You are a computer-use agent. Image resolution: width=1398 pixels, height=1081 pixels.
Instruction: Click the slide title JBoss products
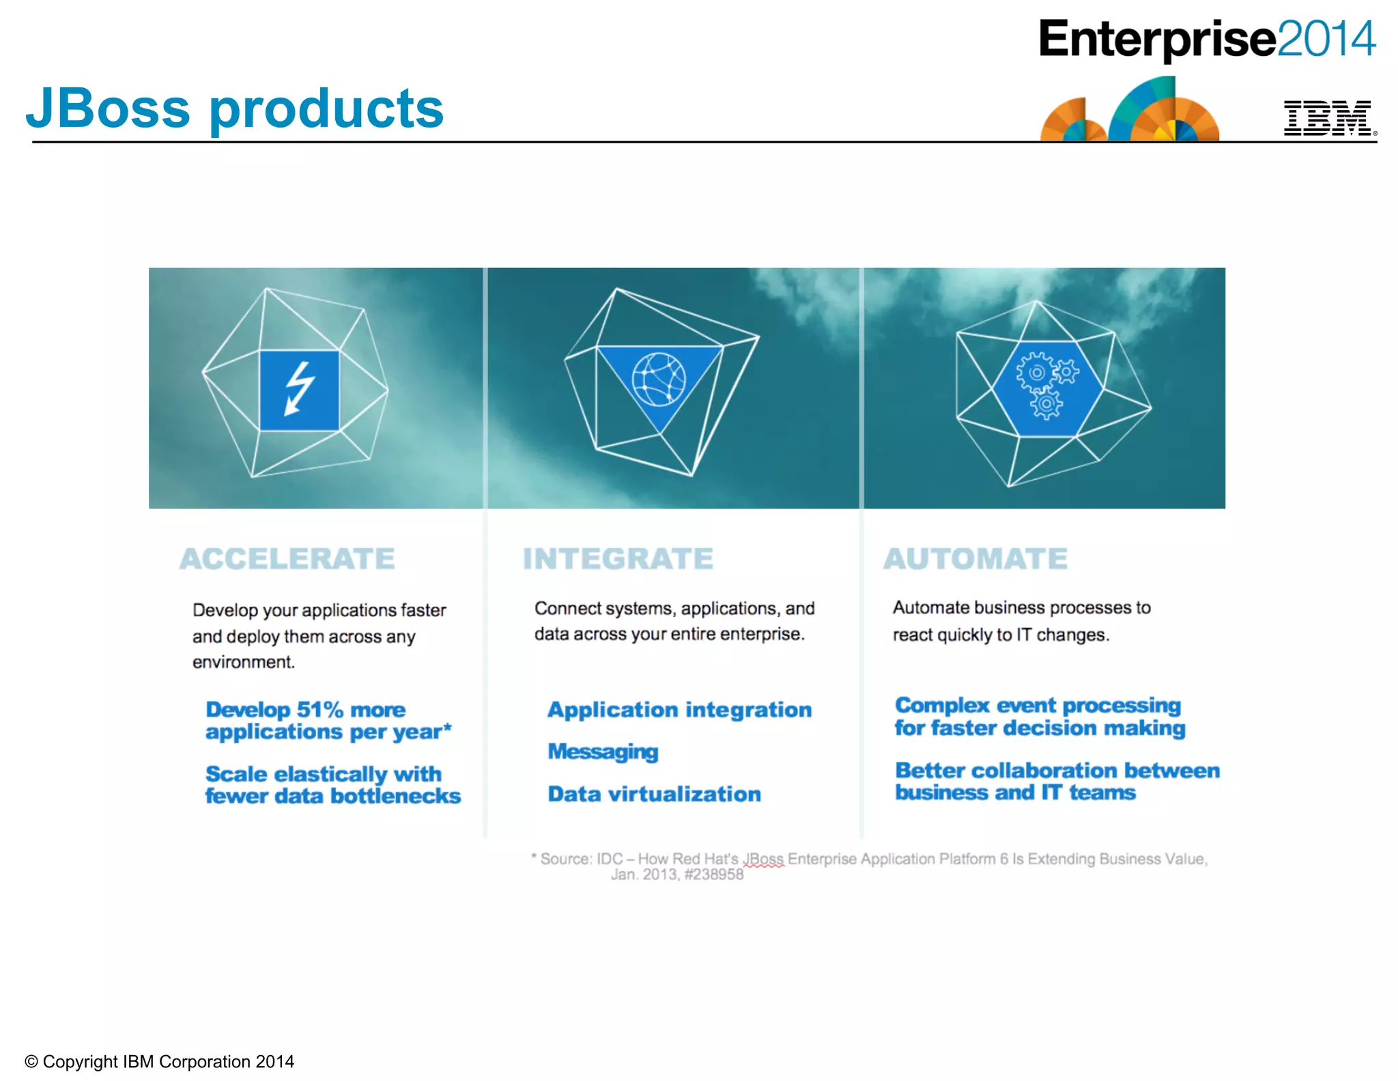coord(234,109)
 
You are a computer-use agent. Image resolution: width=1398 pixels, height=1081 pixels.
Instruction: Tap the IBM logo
coord(1328,118)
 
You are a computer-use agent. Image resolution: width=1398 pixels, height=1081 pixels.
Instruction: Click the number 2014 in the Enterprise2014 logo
coord(1326,39)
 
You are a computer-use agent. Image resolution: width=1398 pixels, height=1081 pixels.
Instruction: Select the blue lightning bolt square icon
coord(299,390)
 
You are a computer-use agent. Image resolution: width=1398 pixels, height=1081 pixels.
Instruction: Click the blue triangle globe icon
coord(659,380)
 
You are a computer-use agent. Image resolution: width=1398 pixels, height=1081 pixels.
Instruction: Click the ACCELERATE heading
coord(287,559)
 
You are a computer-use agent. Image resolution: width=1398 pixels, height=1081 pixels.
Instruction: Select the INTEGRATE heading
coord(618,559)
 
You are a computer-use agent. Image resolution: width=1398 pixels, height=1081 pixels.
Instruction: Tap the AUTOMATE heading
coord(975,559)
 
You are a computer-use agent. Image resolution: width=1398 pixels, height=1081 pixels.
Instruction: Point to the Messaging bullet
coord(603,752)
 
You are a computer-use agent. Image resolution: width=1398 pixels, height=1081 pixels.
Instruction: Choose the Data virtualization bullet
coord(654,794)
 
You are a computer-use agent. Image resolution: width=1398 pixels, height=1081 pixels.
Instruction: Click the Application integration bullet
coord(679,710)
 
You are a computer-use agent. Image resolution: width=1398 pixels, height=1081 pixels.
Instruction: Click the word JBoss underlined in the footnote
coord(763,859)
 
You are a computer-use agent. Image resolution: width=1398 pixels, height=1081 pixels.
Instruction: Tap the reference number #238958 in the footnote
coord(713,875)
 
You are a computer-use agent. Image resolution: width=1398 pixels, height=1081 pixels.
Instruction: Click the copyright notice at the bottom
coord(159,1062)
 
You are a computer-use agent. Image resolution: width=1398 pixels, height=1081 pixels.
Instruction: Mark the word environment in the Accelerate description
coord(243,663)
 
